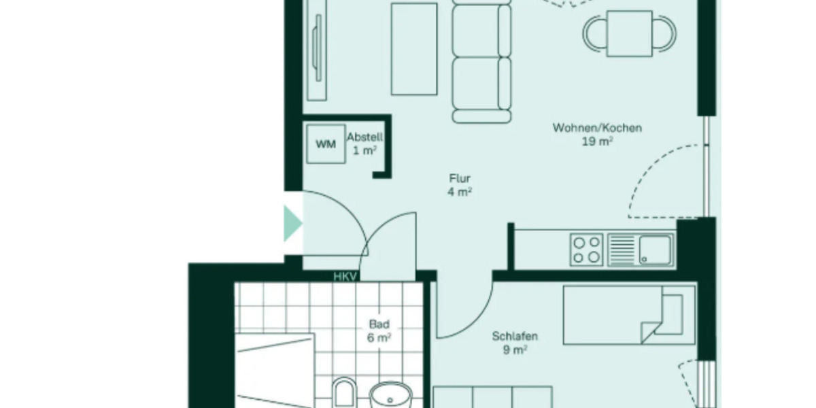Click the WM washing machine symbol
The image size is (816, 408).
pyautogui.click(x=325, y=143)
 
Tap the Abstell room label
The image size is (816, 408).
pyautogui.click(x=364, y=137)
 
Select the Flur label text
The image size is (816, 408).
pyautogui.click(x=460, y=179)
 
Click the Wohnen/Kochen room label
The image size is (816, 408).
pyautogui.click(x=597, y=128)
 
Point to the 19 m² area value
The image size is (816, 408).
pyautogui.click(x=597, y=141)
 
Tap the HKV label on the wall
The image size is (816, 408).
pyautogui.click(x=345, y=277)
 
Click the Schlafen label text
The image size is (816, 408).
pyautogui.click(x=515, y=336)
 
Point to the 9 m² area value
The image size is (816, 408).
pyautogui.click(x=515, y=350)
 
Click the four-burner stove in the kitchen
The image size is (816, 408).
pyautogui.click(x=586, y=249)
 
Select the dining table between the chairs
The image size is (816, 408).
pyautogui.click(x=630, y=33)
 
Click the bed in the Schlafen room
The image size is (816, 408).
pyautogui.click(x=628, y=315)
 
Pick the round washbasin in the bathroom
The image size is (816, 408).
pyautogui.click(x=391, y=394)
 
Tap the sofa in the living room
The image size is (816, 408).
pyautogui.click(x=481, y=61)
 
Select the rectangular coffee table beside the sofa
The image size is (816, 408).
pyautogui.click(x=413, y=49)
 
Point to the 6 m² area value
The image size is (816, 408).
pyautogui.click(x=379, y=337)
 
